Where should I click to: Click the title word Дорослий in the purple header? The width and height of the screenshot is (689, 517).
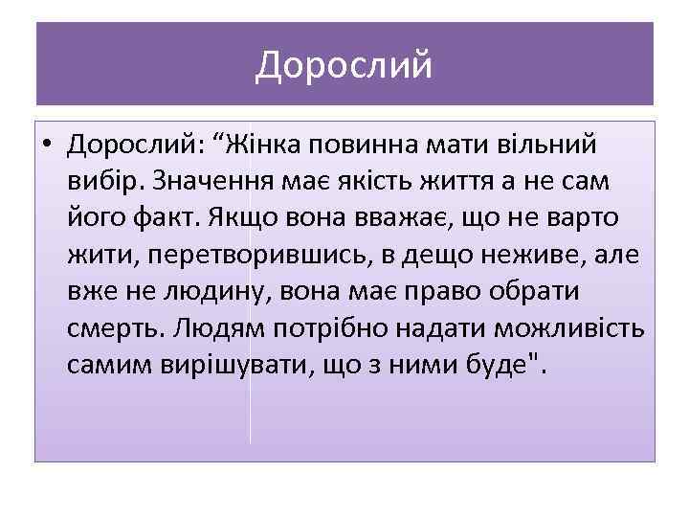point(344,65)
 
